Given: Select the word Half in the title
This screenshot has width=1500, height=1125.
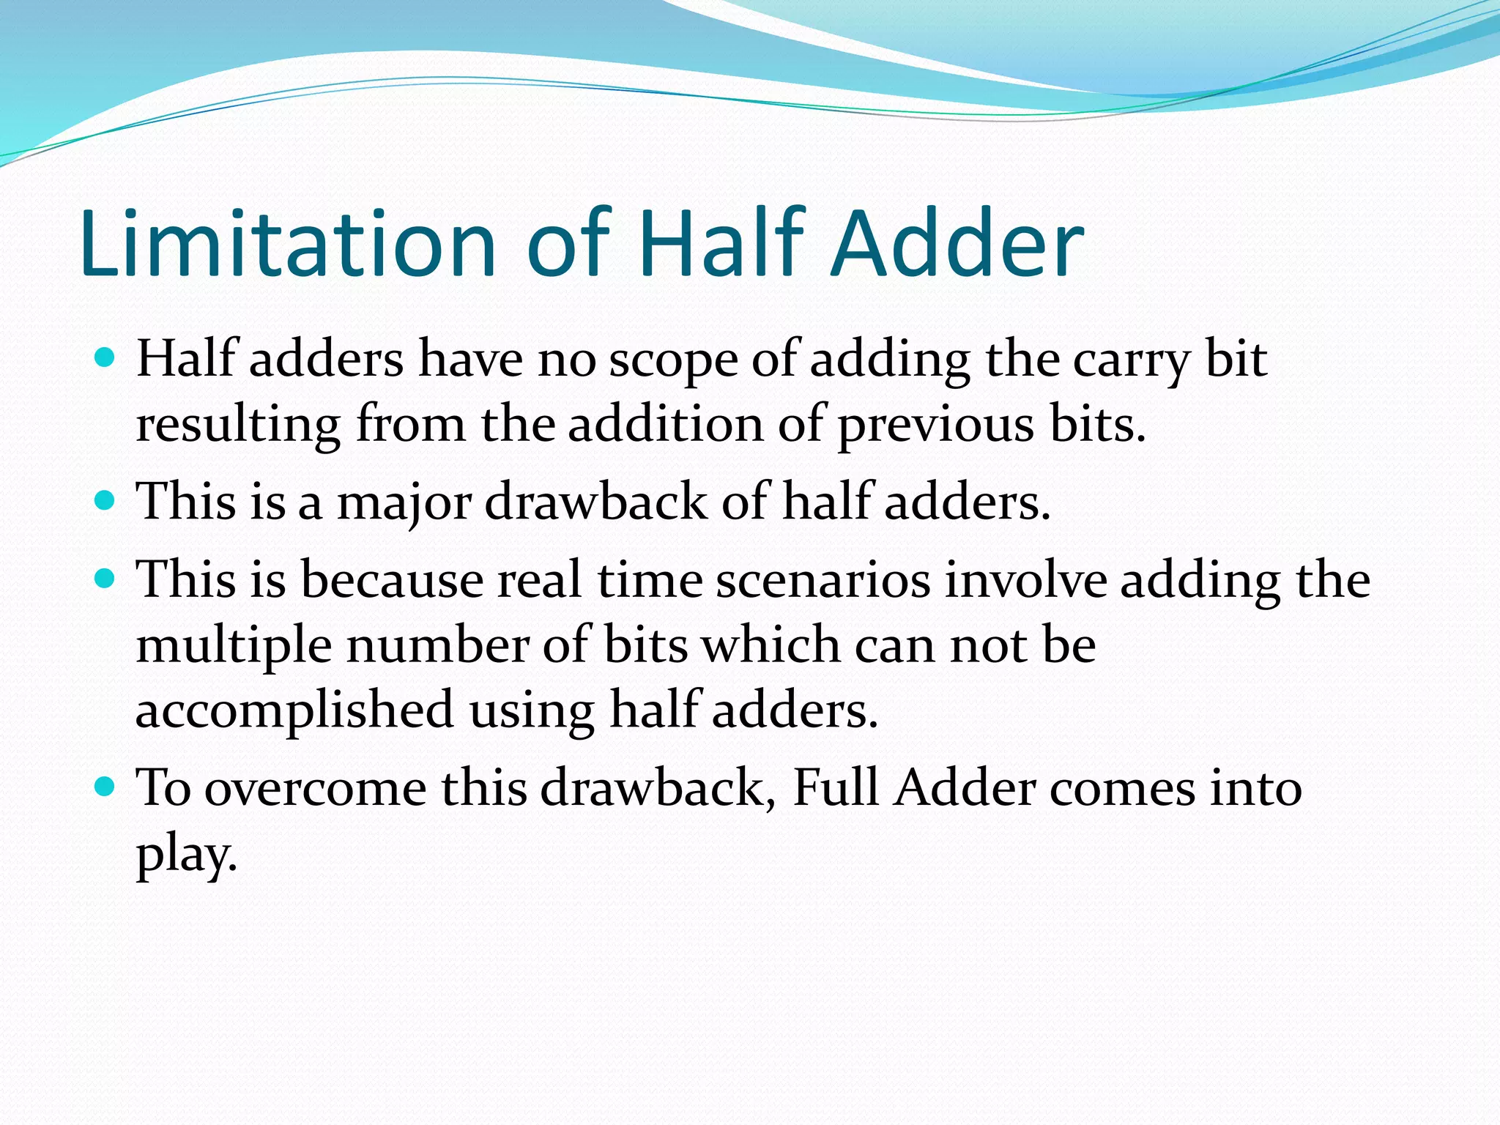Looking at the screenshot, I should (721, 243).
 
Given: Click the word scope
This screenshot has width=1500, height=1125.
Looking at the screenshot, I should (672, 361).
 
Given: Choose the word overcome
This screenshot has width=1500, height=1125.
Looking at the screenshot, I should (315, 789).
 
